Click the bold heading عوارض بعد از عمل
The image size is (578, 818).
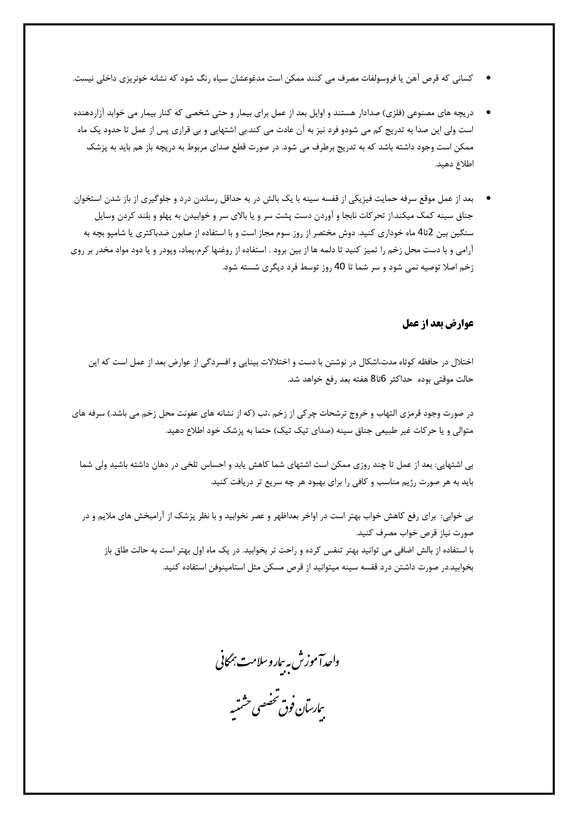(x=438, y=324)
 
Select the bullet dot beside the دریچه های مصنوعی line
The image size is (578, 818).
(x=488, y=113)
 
